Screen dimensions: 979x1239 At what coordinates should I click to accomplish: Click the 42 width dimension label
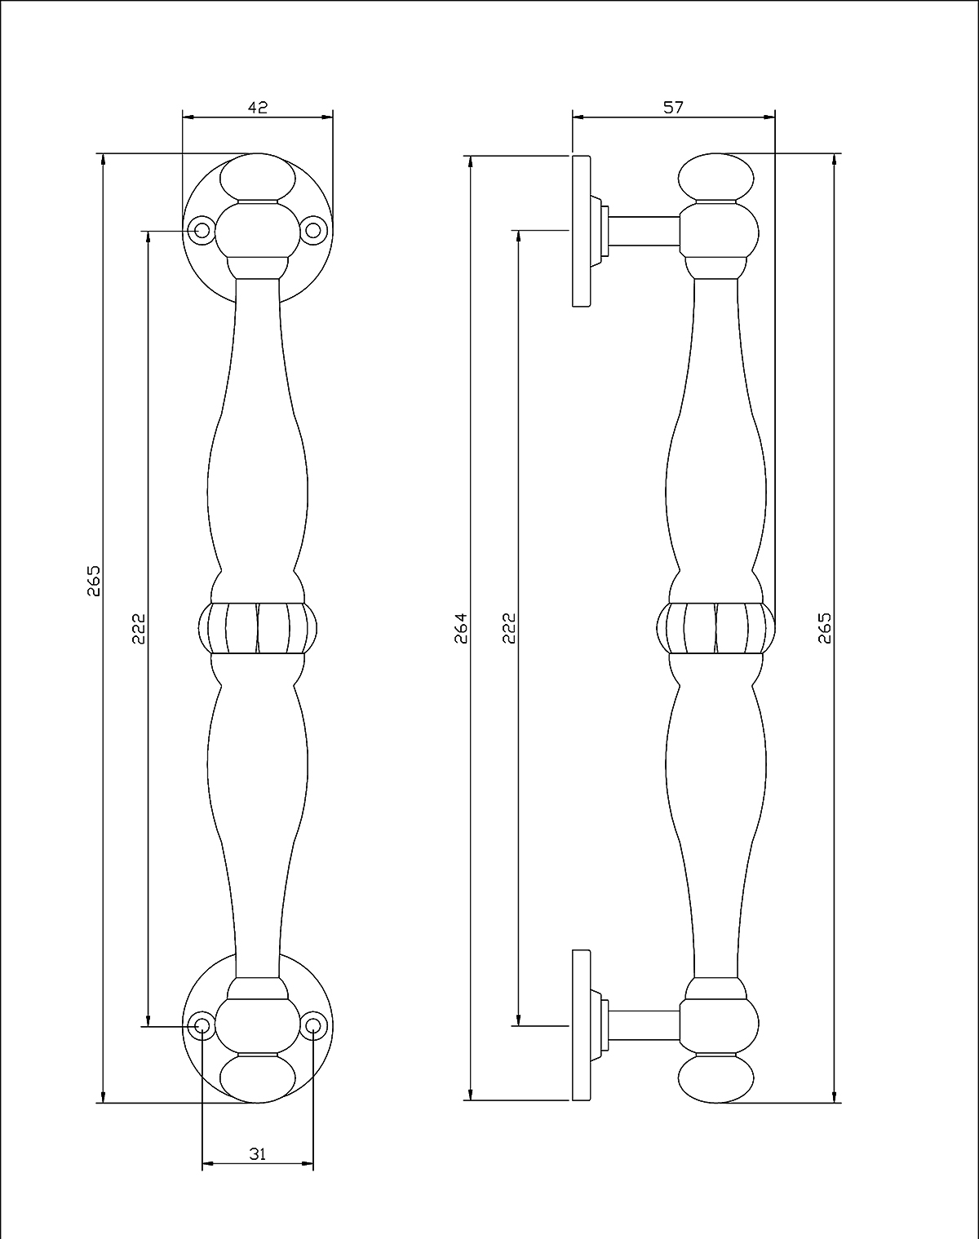(258, 107)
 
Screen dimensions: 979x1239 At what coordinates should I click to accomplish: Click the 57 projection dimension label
(673, 107)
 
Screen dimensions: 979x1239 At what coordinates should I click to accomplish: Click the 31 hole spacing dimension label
(258, 1153)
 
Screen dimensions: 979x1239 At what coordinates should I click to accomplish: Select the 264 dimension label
(461, 628)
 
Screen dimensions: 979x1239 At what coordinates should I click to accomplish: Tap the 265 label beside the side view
(825, 628)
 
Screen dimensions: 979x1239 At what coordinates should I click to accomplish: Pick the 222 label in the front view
(139, 628)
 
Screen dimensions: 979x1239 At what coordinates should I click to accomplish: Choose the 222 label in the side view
(509, 628)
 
